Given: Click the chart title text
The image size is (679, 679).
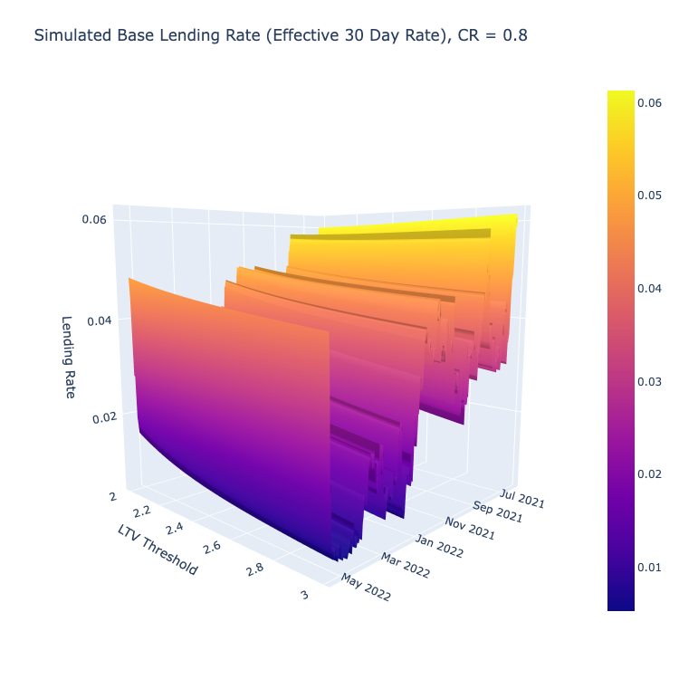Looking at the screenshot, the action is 281,35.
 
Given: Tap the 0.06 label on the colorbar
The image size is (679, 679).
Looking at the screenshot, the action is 649,102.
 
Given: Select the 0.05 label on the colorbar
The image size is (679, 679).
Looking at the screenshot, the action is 649,196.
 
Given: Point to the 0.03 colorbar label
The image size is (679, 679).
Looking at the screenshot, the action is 649,381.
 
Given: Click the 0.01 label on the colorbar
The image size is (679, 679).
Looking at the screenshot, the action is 649,568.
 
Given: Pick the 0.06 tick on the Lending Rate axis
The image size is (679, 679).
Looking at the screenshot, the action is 94,219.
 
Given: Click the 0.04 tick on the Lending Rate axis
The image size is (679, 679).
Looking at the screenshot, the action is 100,320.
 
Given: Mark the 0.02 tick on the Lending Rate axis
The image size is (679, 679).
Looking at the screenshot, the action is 105,418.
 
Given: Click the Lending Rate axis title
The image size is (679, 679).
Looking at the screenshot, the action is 68,357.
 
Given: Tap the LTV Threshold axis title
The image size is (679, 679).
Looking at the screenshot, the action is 158,550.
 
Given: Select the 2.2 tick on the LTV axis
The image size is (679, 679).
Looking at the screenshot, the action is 142,512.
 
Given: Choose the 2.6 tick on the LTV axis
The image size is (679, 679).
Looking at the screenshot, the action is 212,548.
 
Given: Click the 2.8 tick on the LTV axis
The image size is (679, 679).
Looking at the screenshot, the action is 254,569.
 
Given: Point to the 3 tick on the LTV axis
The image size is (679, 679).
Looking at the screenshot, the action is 305,595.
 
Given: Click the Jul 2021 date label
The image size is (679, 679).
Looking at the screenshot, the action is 522,498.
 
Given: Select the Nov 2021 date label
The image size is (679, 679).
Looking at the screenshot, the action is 470,529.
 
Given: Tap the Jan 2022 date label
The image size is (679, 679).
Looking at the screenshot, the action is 439,546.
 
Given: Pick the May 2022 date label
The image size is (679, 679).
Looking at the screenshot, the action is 366,588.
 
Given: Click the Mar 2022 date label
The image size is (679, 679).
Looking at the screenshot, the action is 406,566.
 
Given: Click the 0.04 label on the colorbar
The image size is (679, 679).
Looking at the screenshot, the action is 649,289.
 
